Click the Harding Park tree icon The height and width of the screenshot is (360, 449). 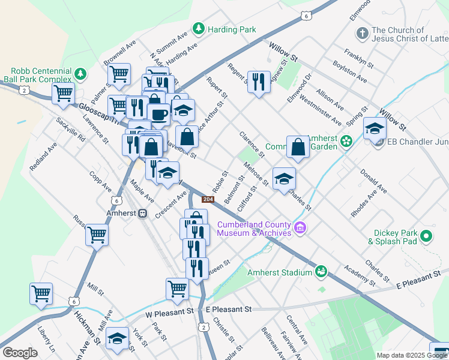[198, 29]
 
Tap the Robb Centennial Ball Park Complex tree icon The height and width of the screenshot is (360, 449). [80, 74]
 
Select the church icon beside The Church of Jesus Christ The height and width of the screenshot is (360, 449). [361, 33]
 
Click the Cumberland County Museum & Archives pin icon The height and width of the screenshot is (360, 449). [301, 228]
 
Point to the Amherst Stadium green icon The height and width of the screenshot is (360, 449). [322, 272]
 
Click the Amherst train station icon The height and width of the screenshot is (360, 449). [143, 213]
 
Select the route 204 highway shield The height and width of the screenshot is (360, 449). [207, 199]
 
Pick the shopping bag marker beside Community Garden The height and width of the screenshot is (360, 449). [298, 147]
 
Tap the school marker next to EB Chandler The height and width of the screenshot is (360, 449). [375, 128]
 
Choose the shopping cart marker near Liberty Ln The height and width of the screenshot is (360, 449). [41, 294]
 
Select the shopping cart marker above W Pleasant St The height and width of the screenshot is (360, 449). [177, 289]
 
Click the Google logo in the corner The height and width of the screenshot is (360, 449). [20, 353]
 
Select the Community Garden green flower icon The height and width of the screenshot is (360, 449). [346, 142]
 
